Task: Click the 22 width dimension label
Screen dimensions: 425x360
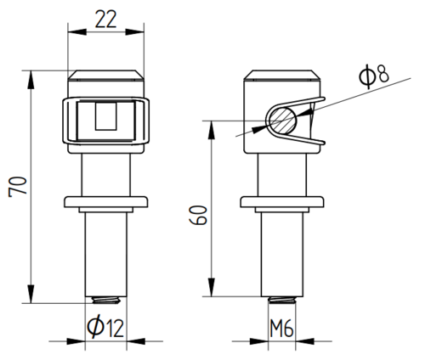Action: (105, 20)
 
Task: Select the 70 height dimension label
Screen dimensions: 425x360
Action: (18, 187)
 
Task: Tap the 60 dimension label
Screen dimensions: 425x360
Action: (198, 215)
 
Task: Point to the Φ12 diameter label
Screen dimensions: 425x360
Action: (105, 328)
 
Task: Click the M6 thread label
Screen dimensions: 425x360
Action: (281, 329)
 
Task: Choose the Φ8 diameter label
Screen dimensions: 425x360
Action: (374, 76)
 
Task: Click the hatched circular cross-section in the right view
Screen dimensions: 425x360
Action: (283, 121)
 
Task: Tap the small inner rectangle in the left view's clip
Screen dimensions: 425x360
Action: (105, 116)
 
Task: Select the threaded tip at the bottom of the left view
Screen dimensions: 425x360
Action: (106, 300)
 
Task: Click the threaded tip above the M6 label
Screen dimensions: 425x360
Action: (282, 300)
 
